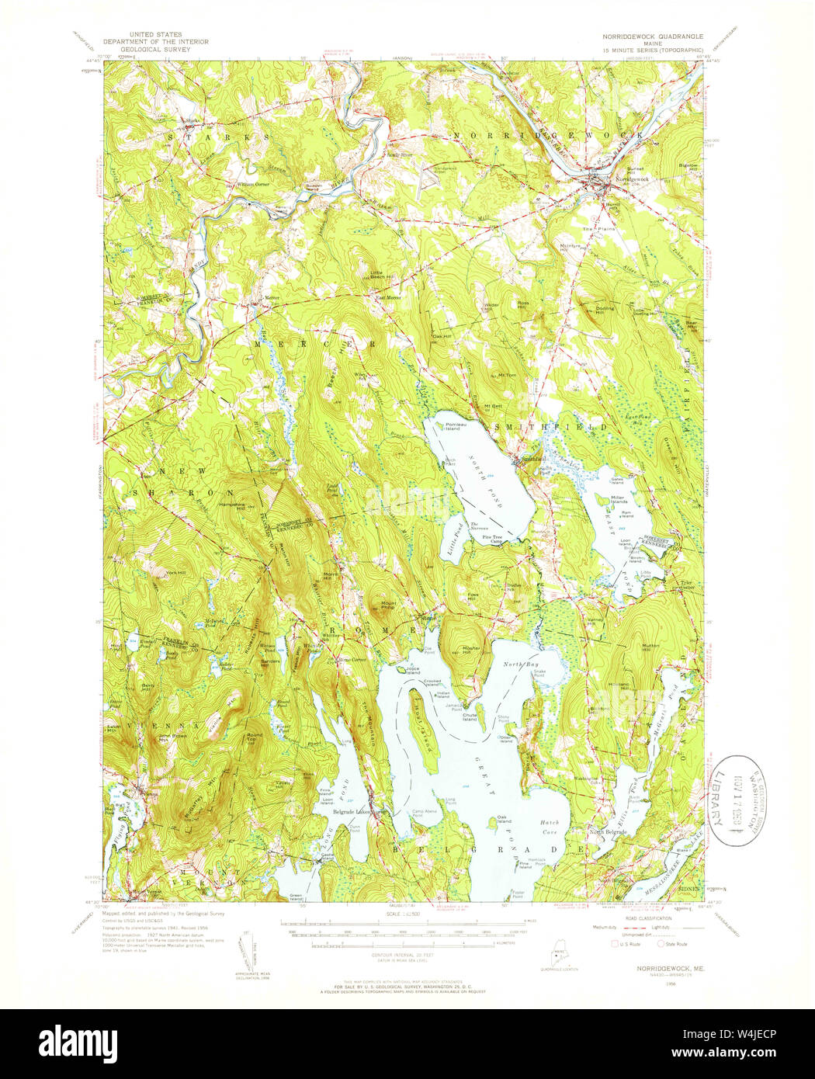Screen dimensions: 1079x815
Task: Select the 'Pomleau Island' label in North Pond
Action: tap(457, 426)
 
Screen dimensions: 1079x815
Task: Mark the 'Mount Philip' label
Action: tap(388, 605)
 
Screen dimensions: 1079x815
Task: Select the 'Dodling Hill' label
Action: tap(605, 308)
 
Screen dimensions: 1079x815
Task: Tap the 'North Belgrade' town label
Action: tap(607, 831)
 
